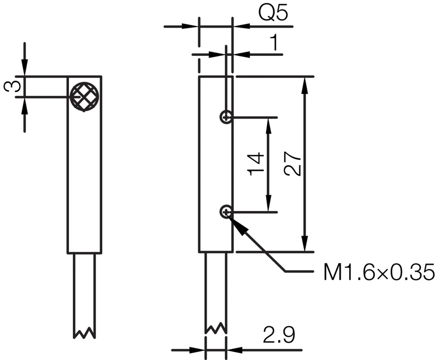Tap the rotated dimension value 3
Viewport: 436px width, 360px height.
[12, 86]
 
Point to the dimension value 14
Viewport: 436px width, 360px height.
[255, 164]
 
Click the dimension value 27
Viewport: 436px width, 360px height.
[293, 164]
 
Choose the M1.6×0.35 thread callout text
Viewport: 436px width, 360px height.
[379, 272]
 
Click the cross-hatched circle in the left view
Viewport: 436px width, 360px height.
[85, 97]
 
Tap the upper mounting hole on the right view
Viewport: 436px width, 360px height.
[226, 117]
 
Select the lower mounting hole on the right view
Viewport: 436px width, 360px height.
[226, 211]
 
